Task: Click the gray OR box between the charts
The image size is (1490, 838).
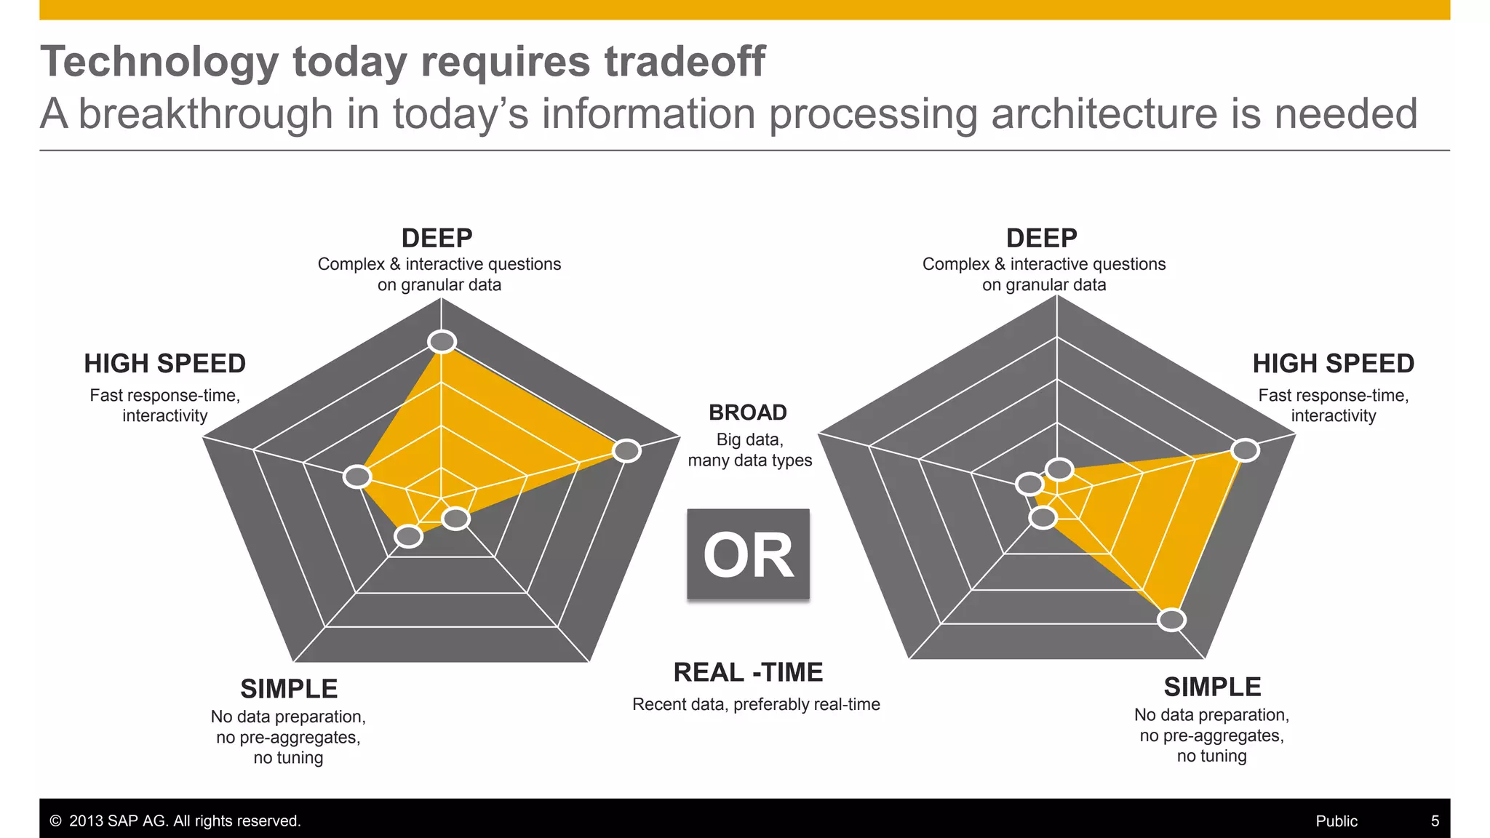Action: [748, 554]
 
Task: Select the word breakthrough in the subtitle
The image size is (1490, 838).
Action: [206, 114]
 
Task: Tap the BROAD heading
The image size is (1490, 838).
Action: [748, 412]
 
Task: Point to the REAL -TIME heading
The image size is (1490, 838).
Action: [748, 672]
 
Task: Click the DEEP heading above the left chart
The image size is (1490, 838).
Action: [437, 238]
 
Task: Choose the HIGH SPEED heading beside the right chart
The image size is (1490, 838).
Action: [1333, 363]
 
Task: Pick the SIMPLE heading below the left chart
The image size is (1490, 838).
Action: [289, 688]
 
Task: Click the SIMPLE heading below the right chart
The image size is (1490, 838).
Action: [1212, 687]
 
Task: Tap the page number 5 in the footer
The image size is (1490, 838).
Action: [1435, 821]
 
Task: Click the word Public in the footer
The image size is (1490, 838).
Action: [1336, 821]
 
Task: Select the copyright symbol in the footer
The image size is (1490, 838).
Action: [55, 821]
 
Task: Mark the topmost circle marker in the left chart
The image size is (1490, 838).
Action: [442, 341]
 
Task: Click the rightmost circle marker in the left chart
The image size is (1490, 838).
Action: [626, 451]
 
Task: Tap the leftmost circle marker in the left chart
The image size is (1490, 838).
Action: [357, 476]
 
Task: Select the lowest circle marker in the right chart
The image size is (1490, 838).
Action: [1171, 620]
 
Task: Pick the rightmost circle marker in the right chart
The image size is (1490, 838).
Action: [1246, 450]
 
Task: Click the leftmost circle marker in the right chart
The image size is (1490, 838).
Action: [1029, 484]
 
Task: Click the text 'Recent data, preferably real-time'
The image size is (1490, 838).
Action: [756, 704]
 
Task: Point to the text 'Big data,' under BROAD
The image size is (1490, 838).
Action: [749, 439]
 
